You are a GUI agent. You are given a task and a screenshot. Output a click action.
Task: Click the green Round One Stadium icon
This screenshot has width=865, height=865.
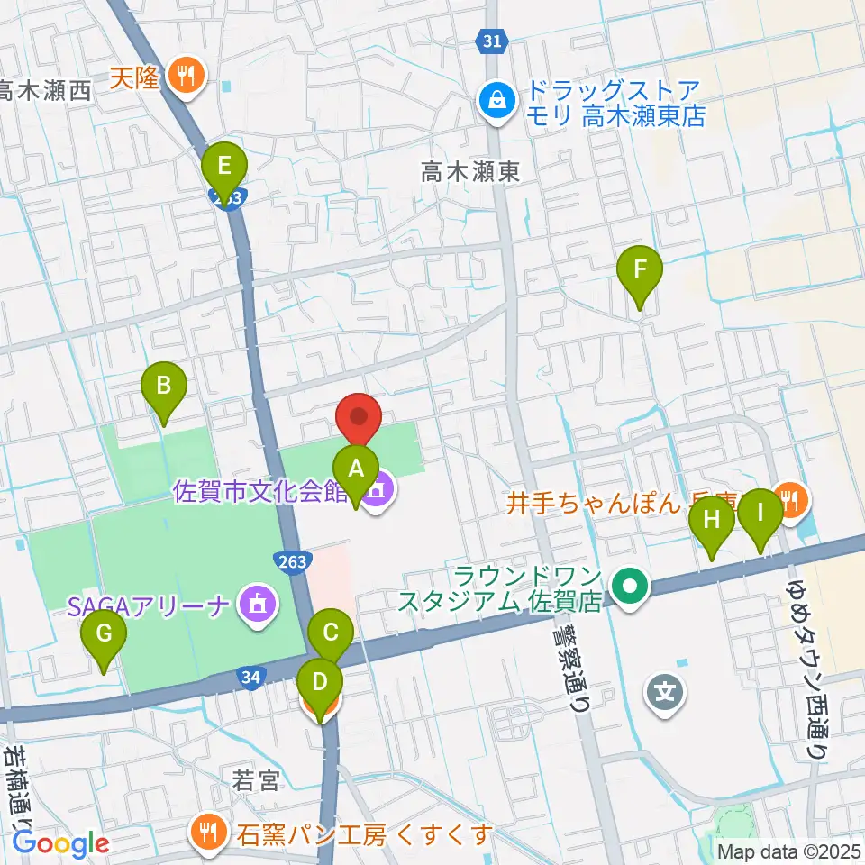pyautogui.click(x=630, y=587)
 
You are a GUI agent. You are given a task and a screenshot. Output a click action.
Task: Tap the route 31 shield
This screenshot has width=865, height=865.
pyautogui.click(x=492, y=41)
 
